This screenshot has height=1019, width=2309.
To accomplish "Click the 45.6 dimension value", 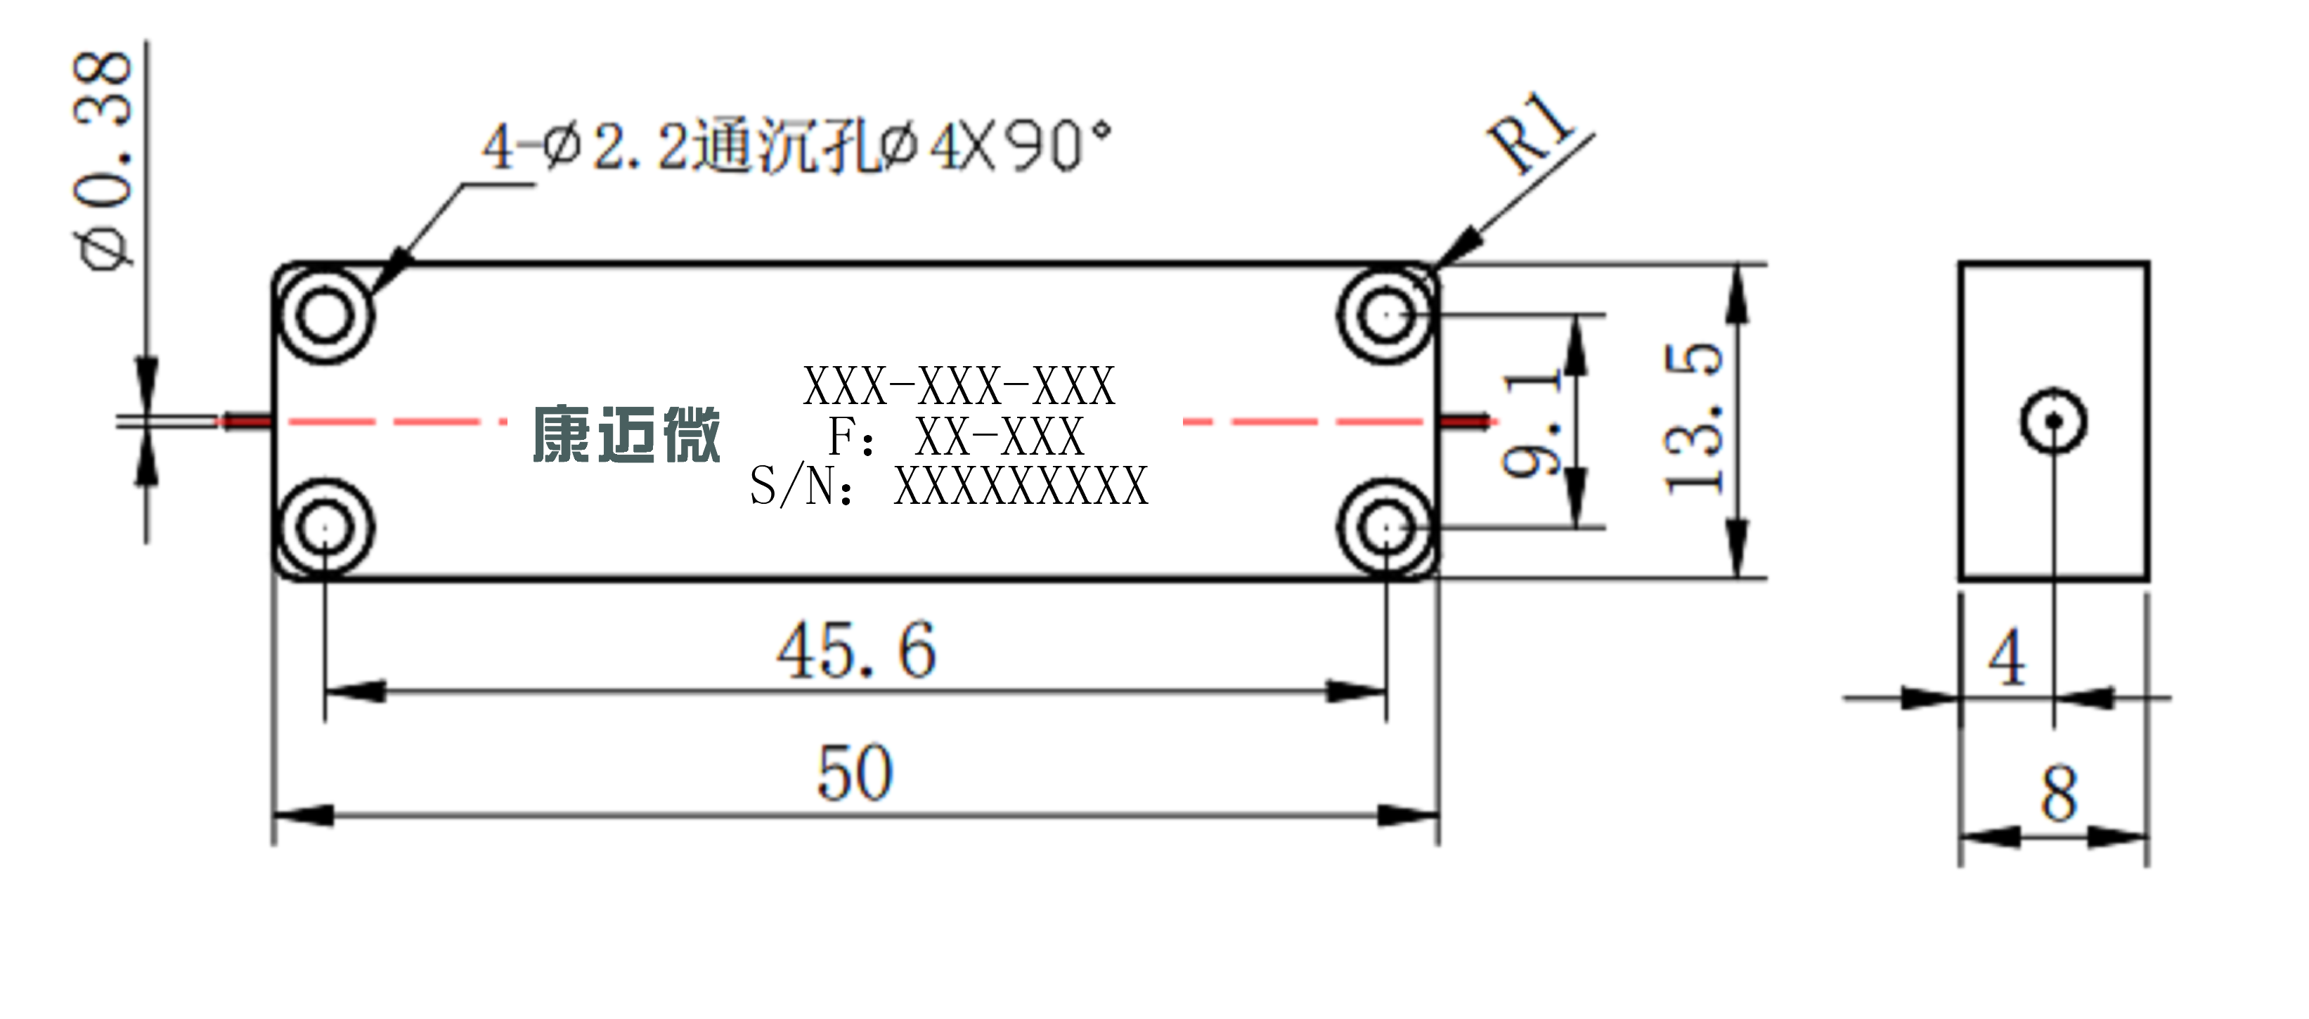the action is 857,650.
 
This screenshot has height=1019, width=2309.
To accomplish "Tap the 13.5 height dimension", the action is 1693,417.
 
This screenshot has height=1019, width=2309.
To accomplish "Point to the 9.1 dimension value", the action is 1532,423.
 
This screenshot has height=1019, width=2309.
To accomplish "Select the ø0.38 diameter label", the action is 102,160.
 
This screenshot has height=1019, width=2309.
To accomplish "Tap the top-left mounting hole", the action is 325,315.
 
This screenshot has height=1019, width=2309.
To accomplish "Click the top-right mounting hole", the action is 1386,315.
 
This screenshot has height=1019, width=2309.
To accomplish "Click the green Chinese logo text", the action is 626,435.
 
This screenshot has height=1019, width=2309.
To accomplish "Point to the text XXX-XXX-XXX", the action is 959,387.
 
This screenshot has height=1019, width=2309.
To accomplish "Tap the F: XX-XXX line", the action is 955,436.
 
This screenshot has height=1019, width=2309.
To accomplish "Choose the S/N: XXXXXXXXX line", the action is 949,486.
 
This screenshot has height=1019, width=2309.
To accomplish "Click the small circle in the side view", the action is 2054,421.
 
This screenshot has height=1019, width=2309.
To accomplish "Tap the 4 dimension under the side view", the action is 2007,658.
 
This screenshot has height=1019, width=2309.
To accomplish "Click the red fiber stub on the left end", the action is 244,420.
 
